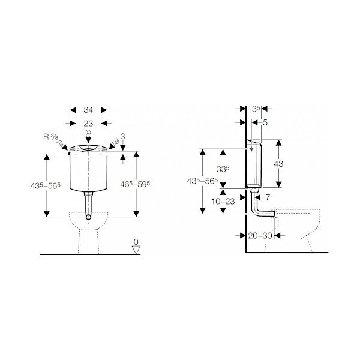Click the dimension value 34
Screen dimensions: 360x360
coord(88,110)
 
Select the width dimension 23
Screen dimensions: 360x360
coord(88,122)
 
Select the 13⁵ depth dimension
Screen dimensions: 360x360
coord(254,109)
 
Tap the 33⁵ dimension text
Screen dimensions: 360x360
coord(223,170)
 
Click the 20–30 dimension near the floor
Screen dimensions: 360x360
coord(260,236)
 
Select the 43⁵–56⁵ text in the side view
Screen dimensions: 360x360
coord(203,181)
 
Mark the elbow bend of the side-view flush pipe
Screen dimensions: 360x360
coord(257,212)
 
